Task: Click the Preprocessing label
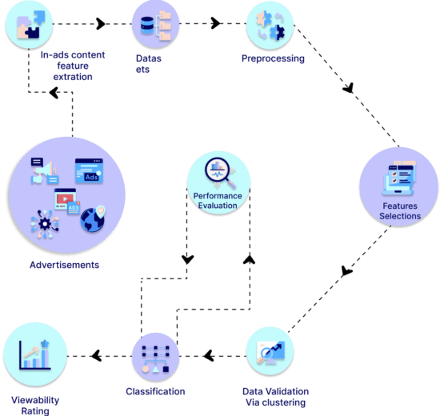point(273,58)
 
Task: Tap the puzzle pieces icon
point(31,25)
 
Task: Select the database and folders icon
point(156,26)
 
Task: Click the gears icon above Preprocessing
point(270,26)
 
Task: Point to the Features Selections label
point(400,211)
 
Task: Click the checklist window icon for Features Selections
point(398,178)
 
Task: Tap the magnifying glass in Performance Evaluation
point(220,172)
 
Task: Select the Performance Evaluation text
point(218,201)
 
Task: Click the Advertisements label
point(65,265)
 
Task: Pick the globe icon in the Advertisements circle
point(93,219)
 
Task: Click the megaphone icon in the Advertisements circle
point(45,171)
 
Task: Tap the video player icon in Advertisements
point(67,202)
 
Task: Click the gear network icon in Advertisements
point(45,224)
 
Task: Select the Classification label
point(155,391)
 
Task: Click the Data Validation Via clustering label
point(275,397)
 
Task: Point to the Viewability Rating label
point(35,406)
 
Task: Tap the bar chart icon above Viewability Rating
point(34,355)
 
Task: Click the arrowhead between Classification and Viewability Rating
point(96,356)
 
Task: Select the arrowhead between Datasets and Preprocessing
point(215,23)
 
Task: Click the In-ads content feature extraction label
point(73,66)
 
